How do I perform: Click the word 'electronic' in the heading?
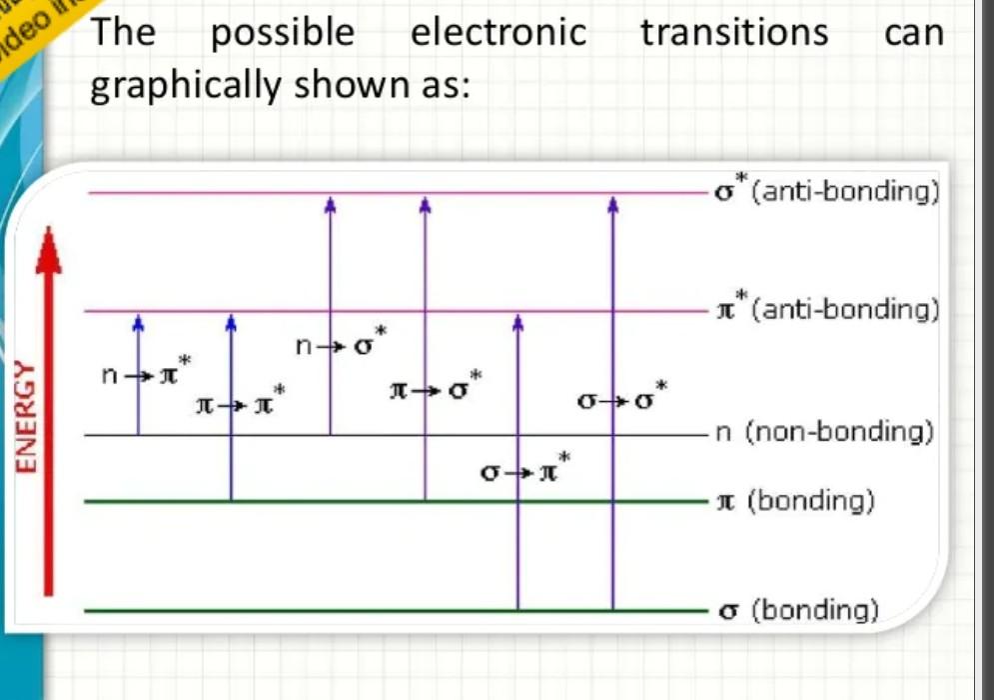click(498, 33)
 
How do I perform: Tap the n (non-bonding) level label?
click(825, 433)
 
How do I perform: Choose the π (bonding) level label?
click(796, 500)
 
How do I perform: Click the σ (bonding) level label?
click(798, 609)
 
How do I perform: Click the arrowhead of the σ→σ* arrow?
click(613, 204)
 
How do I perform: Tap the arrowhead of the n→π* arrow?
click(138, 322)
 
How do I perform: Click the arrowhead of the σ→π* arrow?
click(517, 322)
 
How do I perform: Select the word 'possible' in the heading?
click(283, 33)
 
